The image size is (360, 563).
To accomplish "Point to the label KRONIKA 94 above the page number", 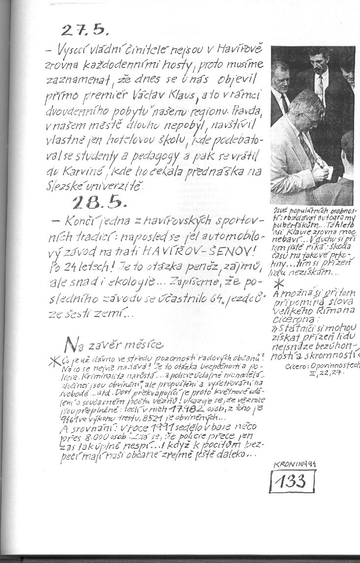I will pyautogui.click(x=293, y=464).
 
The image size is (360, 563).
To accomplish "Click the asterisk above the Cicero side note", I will pyautogui.click(x=278, y=284).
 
